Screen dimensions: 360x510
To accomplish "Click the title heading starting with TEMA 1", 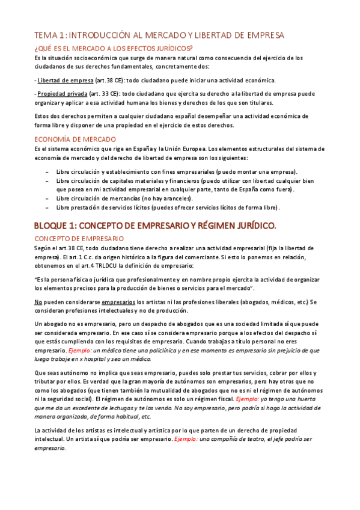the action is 159,35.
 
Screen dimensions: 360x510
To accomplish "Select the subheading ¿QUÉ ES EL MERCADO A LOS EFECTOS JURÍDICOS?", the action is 114,49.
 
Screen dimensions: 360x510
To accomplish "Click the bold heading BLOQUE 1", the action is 147,226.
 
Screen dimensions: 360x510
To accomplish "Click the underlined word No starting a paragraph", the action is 38,302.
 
